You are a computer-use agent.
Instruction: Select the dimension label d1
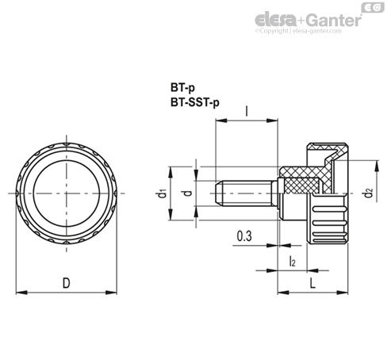pyautogui.click(x=162, y=193)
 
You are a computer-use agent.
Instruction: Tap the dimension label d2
pyautogui.click(x=366, y=192)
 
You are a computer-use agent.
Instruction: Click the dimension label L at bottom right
pyautogui.click(x=314, y=282)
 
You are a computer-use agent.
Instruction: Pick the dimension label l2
pyautogui.click(x=292, y=261)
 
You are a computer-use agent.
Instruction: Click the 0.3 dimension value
pyautogui.click(x=245, y=236)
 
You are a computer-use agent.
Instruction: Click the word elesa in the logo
pyautogui.click(x=275, y=17)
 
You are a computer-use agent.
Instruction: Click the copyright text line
pyautogui.click(x=305, y=32)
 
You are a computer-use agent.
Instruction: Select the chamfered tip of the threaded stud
pyautogui.click(x=220, y=193)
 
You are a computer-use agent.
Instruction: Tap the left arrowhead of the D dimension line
pyautogui.click(x=19, y=290)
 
